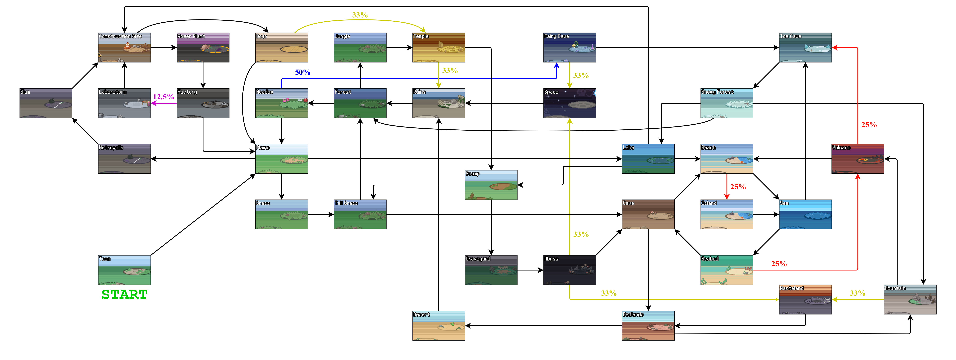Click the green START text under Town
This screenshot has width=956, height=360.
point(124,294)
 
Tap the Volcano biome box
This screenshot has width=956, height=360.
point(858,159)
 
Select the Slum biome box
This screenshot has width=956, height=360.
point(46,103)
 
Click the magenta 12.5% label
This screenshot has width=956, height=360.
point(164,97)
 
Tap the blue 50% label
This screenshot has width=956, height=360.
point(303,72)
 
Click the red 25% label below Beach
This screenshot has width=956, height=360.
point(738,187)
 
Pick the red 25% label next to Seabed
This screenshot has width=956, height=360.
point(779,263)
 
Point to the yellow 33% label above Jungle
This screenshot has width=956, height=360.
point(360,15)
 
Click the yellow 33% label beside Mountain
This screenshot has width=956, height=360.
point(857,293)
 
